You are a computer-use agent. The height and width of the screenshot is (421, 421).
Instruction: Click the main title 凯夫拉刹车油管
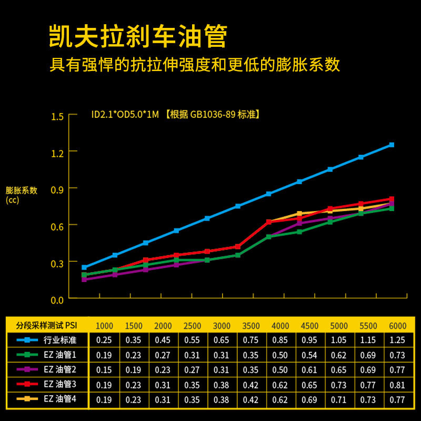138,36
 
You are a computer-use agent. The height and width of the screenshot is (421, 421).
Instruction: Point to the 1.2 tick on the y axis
57,153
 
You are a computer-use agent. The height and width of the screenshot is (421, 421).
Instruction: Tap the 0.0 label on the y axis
57,300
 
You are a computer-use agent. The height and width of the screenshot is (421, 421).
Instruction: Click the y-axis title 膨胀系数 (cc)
21,195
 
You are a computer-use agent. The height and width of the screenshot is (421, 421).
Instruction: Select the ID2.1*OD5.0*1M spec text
125,115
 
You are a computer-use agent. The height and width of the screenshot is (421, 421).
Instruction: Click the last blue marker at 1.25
392,145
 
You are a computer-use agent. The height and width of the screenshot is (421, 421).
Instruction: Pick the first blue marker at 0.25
84,267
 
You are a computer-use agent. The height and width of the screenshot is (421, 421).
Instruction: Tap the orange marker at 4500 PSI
299,214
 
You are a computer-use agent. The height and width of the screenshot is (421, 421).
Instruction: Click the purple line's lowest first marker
84,279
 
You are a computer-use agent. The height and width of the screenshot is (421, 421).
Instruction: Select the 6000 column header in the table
397,326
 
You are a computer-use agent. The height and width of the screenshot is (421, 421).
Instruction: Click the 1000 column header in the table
104,326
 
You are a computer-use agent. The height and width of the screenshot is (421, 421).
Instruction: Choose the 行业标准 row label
60,340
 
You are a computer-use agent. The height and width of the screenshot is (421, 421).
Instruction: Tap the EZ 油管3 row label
60,384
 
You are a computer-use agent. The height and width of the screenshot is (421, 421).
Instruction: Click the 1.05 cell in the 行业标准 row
338,340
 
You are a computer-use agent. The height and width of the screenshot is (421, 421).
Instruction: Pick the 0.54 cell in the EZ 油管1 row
309,355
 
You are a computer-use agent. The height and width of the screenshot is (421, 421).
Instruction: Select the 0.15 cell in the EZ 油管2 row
104,370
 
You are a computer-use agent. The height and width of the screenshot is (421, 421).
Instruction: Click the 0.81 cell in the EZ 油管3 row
397,385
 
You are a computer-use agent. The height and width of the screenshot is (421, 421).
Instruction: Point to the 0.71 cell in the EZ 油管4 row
338,399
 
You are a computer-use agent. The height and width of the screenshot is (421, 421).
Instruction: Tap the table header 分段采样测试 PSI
46,325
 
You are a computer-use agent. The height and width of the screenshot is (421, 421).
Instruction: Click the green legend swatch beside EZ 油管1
27,355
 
